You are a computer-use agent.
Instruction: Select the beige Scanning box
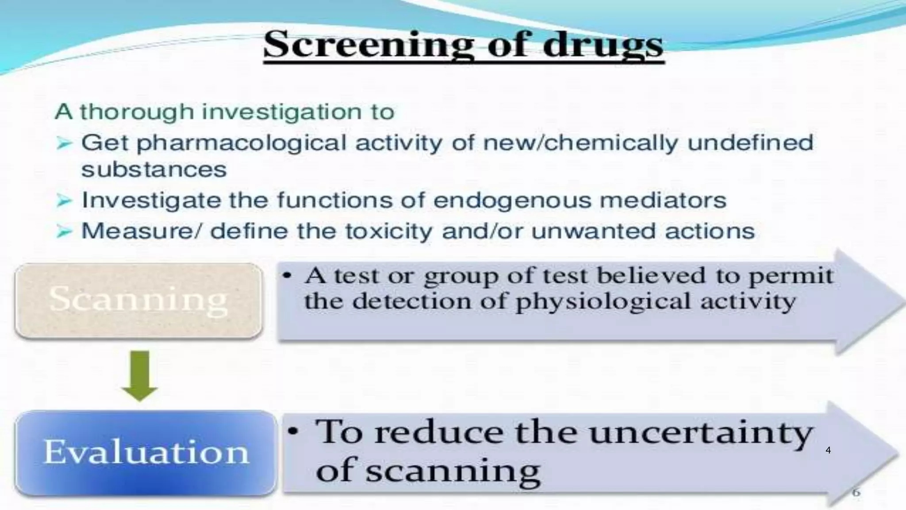(x=138, y=300)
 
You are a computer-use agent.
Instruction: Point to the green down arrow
(x=140, y=376)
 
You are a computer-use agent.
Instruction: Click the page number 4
(x=828, y=450)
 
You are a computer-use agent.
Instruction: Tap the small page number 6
(x=856, y=492)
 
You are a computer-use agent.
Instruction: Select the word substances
(x=154, y=170)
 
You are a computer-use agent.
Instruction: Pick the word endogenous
(x=512, y=201)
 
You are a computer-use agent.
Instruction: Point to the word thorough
(x=137, y=112)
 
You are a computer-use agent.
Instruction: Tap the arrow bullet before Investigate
(x=64, y=201)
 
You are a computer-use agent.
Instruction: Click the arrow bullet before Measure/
(x=64, y=232)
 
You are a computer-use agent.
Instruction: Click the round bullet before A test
(x=287, y=276)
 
